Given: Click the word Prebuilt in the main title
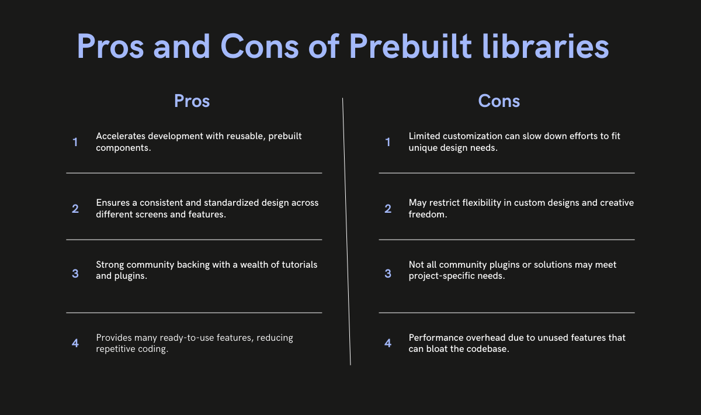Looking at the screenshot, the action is click(x=410, y=46).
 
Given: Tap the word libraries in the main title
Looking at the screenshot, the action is click(x=545, y=46).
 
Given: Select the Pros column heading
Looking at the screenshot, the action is click(x=192, y=101).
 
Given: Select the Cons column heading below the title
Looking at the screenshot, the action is click(x=499, y=101).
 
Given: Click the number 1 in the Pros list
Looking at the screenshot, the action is click(x=75, y=142).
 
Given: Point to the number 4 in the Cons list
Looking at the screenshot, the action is click(x=388, y=343).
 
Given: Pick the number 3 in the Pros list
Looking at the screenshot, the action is click(x=75, y=274).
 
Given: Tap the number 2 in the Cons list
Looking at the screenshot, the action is click(x=388, y=209).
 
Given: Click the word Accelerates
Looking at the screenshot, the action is click(x=120, y=136).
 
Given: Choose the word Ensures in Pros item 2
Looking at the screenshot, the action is click(x=113, y=203).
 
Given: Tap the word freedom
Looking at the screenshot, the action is click(x=428, y=215).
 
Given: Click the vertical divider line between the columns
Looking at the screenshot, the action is click(x=346, y=231).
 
